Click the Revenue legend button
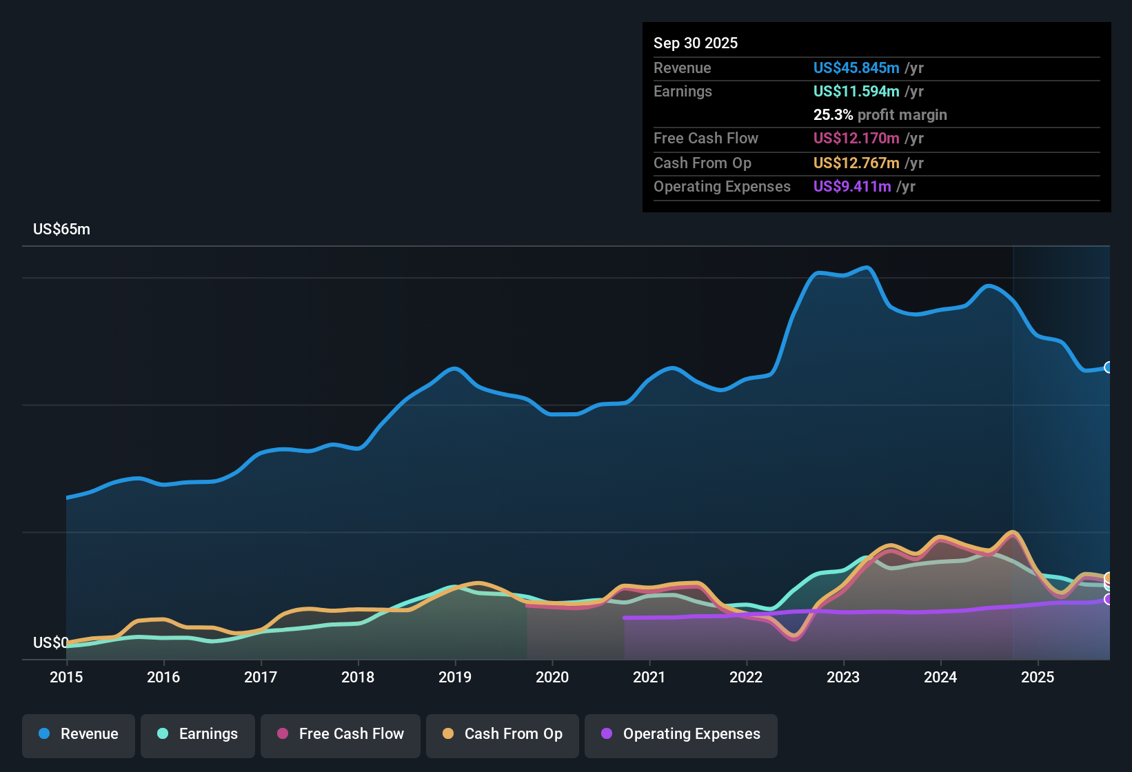79,734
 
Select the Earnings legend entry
198,734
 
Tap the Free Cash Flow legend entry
341,734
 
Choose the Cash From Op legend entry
503,734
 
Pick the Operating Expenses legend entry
681,734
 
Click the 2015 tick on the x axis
66,677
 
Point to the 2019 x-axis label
455,677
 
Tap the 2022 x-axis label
746,677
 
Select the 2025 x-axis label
1038,677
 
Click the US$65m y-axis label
61,230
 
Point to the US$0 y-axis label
50,643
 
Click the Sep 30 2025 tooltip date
696,43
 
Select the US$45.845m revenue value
856,68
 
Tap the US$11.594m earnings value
856,92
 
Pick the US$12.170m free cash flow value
856,139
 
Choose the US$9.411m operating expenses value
852,187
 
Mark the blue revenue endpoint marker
1109,367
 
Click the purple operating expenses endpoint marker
1109,600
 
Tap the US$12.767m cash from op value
856,163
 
